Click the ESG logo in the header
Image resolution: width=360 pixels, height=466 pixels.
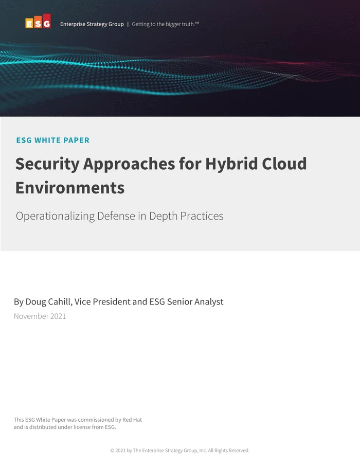(x=38, y=22)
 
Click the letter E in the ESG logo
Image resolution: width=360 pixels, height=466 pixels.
(x=29, y=24)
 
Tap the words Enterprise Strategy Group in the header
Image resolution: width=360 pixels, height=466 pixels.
(x=92, y=24)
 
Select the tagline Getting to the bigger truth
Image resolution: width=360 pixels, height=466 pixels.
(x=165, y=24)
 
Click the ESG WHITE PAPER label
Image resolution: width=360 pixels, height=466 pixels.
(x=52, y=140)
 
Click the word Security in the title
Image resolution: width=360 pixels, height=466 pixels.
(x=47, y=164)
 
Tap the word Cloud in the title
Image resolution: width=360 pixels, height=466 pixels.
(x=283, y=164)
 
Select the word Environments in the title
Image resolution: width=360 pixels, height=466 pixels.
(x=70, y=188)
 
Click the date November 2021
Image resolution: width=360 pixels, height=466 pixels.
(x=40, y=316)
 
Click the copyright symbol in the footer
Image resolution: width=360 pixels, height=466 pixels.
(x=112, y=451)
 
